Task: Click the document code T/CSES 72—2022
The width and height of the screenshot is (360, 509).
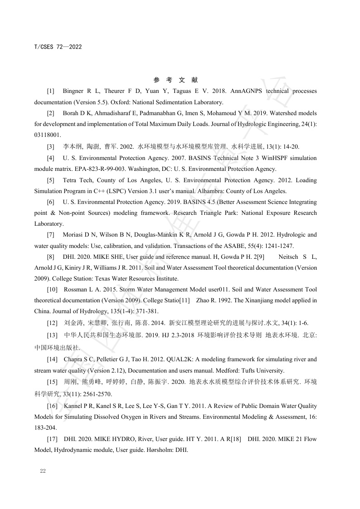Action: coord(58,47)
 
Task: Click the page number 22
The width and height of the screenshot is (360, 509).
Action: coord(43,471)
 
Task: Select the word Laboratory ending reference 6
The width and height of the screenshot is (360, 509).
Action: coord(49,224)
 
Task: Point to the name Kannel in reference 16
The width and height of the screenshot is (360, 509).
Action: coord(73,406)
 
